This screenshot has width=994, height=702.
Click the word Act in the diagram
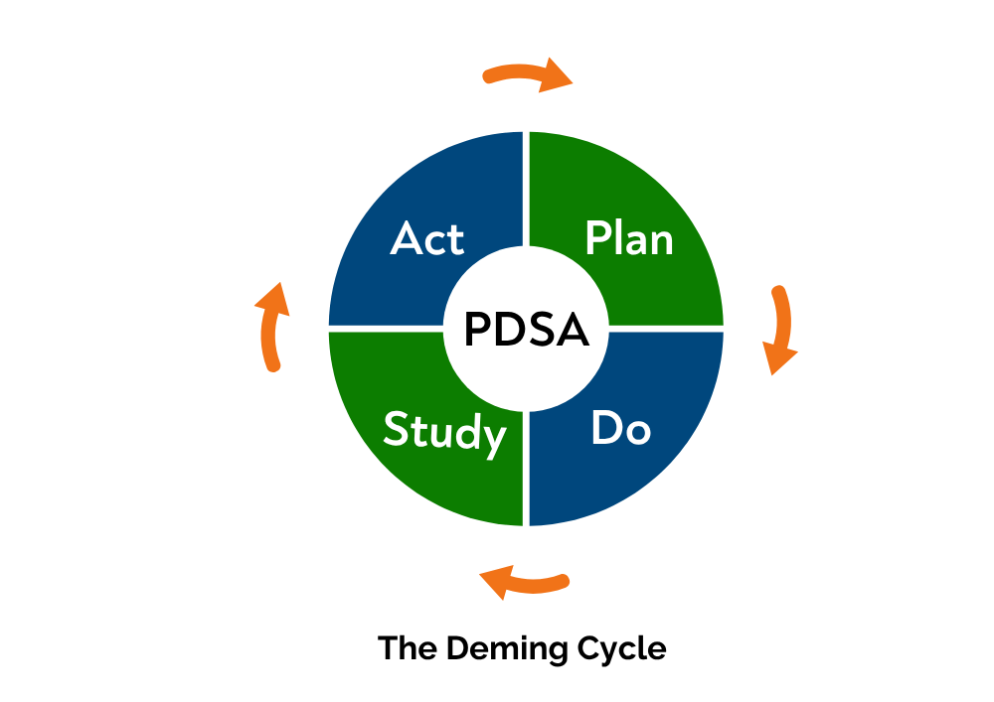click(427, 239)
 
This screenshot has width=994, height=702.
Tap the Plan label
click(629, 239)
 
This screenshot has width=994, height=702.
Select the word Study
click(444, 432)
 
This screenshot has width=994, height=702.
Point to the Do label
click(620, 429)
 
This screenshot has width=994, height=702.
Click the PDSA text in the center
click(527, 330)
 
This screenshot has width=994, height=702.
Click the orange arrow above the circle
click(527, 75)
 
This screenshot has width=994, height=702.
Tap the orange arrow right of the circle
click(781, 331)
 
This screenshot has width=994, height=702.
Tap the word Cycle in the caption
click(621, 649)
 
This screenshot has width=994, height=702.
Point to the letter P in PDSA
click(478, 330)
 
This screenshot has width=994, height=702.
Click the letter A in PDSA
click(573, 330)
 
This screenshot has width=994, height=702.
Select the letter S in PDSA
click(542, 330)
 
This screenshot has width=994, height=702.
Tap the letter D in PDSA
click(511, 330)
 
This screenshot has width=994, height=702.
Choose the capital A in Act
click(407, 239)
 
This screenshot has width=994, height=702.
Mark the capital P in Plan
click(597, 239)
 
